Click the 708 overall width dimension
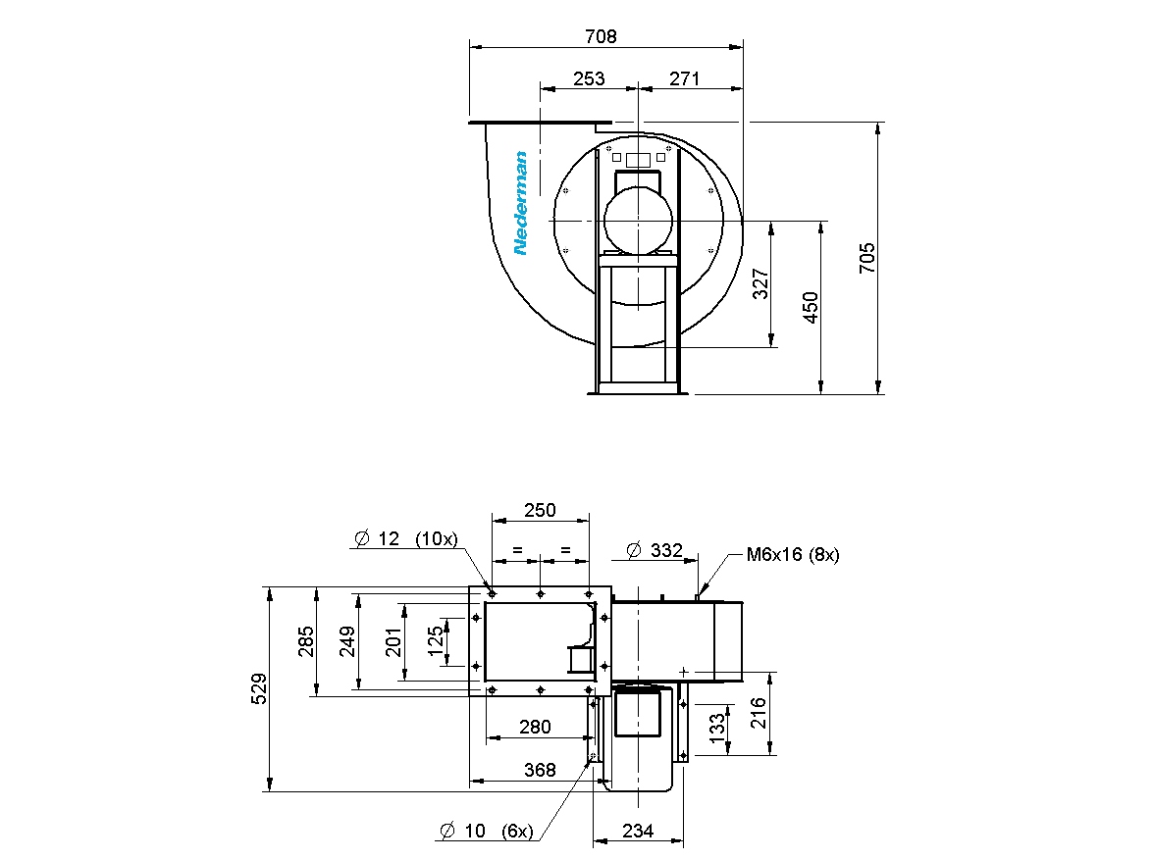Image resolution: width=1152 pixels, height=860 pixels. (601, 36)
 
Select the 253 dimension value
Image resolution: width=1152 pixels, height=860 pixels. (589, 78)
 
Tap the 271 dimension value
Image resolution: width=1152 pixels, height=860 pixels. (684, 78)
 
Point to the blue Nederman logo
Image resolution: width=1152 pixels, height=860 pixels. (521, 203)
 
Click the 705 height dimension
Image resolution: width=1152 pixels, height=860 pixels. (867, 258)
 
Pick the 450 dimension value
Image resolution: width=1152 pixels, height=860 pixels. (811, 307)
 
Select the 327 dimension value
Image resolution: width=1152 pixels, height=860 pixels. (761, 283)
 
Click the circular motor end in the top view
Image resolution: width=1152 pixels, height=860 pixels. (638, 220)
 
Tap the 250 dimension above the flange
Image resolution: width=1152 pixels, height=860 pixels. (540, 510)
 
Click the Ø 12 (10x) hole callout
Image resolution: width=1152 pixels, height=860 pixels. (405, 538)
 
